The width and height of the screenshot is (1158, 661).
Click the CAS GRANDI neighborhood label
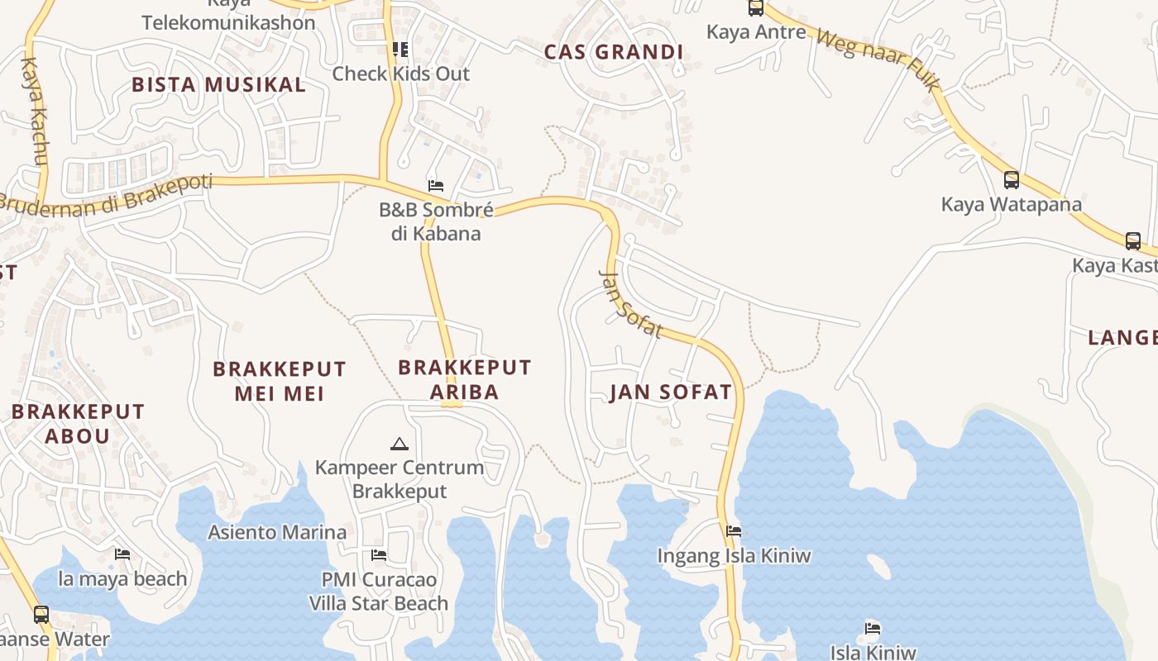tap(614, 52)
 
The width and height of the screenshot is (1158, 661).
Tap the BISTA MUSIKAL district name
tap(218, 84)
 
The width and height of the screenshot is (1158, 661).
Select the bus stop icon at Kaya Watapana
tap(1011, 179)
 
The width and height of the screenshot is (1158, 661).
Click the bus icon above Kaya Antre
tap(755, 7)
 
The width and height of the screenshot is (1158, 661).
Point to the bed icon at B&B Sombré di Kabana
tap(435, 185)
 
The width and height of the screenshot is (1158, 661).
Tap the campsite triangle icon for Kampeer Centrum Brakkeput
tap(400, 445)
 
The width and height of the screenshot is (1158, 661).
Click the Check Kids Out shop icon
tap(400, 50)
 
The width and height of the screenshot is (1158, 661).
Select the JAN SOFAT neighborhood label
tap(671, 392)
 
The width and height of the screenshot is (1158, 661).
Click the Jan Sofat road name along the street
tap(631, 304)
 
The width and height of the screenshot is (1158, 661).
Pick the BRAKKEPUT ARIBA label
tap(464, 379)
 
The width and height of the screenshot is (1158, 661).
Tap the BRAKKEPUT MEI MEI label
tap(280, 381)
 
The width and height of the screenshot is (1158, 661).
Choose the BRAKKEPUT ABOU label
tap(78, 423)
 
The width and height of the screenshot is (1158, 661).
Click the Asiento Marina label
tap(277, 532)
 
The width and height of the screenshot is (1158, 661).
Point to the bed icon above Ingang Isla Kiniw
tap(733, 531)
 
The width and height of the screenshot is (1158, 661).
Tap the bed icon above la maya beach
tap(122, 554)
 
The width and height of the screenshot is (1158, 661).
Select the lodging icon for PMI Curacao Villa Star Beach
tap(379, 554)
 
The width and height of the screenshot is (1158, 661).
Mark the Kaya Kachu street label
tap(35, 111)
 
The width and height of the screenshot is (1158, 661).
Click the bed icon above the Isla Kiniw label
tap(873, 628)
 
